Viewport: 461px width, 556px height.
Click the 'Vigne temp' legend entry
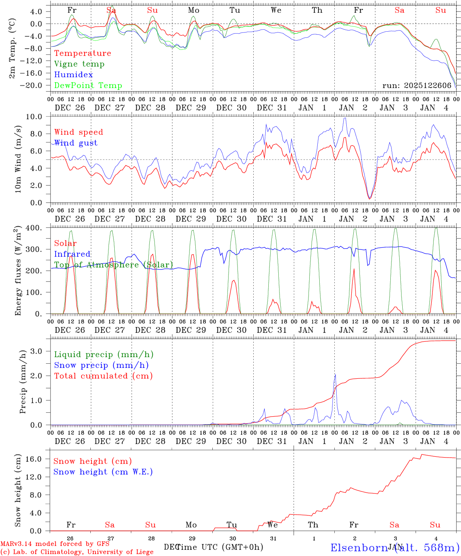pos(79,64)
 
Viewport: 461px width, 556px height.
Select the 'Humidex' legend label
pos(73,75)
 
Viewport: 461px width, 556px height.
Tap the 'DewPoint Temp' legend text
pos(88,86)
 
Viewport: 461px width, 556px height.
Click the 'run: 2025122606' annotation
pos(417,86)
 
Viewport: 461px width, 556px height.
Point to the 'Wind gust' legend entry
pos(76,143)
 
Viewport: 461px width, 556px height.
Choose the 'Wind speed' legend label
pos(78,132)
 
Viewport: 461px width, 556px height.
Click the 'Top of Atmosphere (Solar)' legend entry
pos(114,265)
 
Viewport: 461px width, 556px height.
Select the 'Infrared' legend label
pos(72,254)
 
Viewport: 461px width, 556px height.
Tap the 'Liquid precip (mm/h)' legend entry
pos(103,354)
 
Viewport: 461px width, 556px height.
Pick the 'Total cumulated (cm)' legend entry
pos(103,376)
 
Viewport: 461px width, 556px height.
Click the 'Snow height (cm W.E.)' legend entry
pos(103,472)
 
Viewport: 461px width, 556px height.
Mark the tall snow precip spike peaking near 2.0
pos(335,375)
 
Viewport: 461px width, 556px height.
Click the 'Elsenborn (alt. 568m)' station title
pos(395,548)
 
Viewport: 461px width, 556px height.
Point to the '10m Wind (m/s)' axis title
pos(18,159)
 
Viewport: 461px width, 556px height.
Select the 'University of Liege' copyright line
pos(77,552)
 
